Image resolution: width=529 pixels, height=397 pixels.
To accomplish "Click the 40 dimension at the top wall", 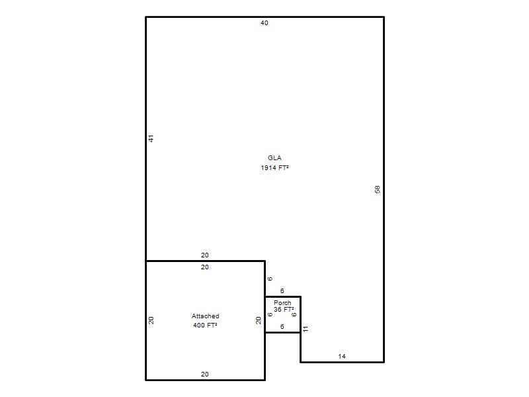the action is click(x=264, y=23).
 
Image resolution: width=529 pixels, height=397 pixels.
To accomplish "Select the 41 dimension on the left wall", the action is click(x=151, y=138).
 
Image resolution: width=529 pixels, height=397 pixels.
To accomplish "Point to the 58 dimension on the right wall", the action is click(x=378, y=190).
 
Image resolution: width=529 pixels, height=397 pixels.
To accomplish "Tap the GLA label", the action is click(x=274, y=157).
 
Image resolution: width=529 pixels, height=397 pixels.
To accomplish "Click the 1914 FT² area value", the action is click(x=274, y=168).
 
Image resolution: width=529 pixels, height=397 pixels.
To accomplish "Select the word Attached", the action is click(x=206, y=316).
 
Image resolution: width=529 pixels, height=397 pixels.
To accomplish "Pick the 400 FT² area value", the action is click(x=205, y=325).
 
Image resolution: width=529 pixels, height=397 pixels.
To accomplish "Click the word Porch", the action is click(x=282, y=303).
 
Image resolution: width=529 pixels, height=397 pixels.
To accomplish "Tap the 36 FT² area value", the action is click(x=284, y=309).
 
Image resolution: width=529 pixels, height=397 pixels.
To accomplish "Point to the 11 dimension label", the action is click(x=305, y=329).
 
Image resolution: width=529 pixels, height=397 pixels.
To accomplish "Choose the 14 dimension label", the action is click(x=342, y=356).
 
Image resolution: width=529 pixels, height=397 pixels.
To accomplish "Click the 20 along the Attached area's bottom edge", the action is click(x=205, y=374).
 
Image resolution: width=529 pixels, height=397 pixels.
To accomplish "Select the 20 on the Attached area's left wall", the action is click(x=151, y=320).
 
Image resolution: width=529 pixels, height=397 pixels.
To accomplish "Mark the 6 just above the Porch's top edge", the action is click(x=282, y=290).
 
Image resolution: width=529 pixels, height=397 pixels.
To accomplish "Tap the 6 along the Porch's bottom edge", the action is click(x=282, y=326).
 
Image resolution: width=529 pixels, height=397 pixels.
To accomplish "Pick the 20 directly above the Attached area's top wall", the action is click(x=205, y=255).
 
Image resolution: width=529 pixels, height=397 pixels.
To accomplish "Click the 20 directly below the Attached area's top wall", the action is click(x=205, y=267).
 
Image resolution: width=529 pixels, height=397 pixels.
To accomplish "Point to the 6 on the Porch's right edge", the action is click(x=294, y=314).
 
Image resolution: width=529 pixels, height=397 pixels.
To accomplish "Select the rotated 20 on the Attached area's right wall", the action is click(x=259, y=320).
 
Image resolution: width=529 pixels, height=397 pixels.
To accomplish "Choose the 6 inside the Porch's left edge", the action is click(x=270, y=314).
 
